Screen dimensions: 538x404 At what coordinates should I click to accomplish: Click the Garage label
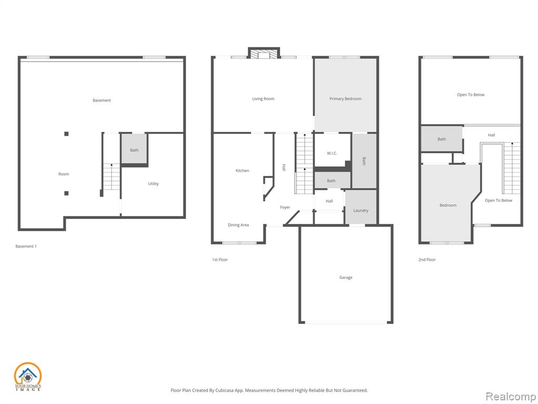(346, 277)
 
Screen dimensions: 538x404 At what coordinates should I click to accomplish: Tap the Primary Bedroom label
(345, 98)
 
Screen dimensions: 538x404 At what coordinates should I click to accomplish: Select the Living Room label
(263, 98)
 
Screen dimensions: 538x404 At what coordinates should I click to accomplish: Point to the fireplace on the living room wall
(264, 53)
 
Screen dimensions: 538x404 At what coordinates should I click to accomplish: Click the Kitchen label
(242, 170)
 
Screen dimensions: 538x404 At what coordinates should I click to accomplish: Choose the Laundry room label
(360, 210)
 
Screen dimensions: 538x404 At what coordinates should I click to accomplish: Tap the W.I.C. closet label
(332, 153)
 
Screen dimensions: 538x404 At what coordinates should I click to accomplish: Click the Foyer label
(285, 207)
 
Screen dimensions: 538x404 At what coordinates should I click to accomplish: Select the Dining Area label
(238, 225)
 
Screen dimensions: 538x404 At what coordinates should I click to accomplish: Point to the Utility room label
(153, 184)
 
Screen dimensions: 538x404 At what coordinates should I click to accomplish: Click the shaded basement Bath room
(134, 149)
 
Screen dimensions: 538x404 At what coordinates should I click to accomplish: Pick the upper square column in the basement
(66, 134)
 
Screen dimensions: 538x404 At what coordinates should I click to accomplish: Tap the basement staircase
(111, 177)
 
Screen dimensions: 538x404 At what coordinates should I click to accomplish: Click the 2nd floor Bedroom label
(448, 205)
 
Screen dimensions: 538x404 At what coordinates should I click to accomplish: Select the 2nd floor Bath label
(441, 139)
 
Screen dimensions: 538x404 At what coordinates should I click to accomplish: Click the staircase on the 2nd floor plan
(512, 168)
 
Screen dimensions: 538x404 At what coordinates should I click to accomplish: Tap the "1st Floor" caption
(220, 260)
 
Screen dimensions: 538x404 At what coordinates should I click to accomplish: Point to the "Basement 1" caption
(26, 246)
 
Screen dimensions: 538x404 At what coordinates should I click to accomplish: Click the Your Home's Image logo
(27, 377)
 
